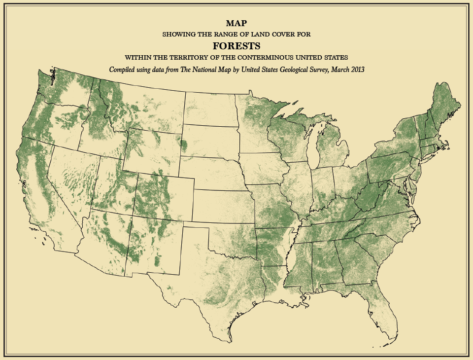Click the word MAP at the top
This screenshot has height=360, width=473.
pos(236,23)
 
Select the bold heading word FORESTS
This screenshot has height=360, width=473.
pos(236,46)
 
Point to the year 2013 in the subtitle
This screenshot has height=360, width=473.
pos(355,70)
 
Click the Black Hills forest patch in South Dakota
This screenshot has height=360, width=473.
pos(185,145)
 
